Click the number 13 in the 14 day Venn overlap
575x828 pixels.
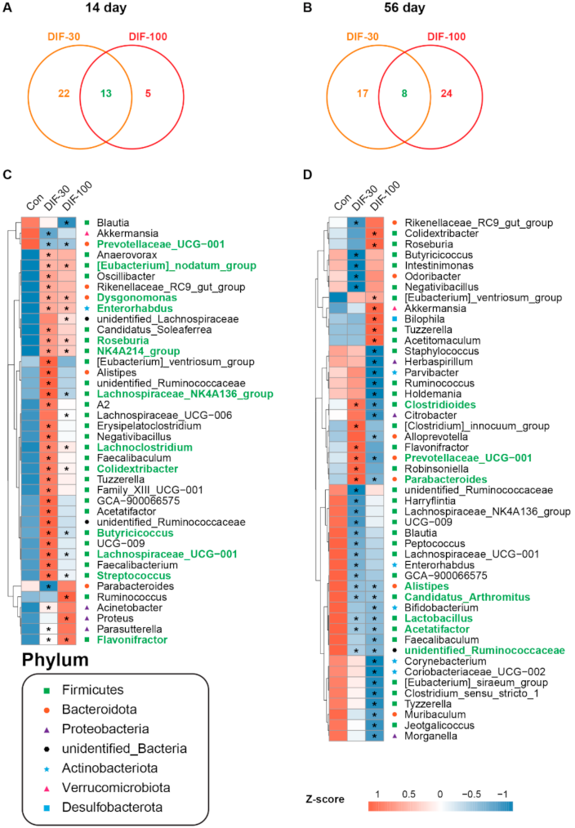pos(106,94)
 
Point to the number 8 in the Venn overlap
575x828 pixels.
pos(398,94)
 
